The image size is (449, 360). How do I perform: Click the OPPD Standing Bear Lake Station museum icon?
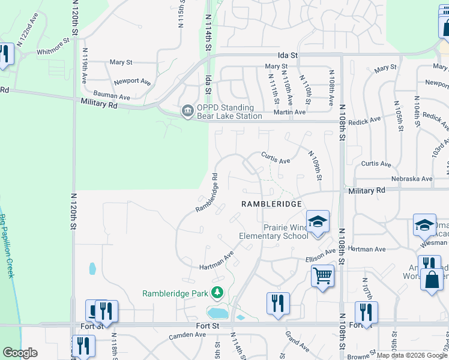pyautogui.click(x=187, y=111)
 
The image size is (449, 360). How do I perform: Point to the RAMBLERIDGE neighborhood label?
pyautogui.click(x=270, y=204)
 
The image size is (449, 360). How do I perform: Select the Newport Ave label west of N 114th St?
pyautogui.click(x=132, y=81)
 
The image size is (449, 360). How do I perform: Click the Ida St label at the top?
pyautogui.click(x=287, y=55)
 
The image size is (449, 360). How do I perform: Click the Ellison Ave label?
pyautogui.click(x=321, y=256)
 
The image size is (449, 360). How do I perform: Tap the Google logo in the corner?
pyautogui.click(x=20, y=353)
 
